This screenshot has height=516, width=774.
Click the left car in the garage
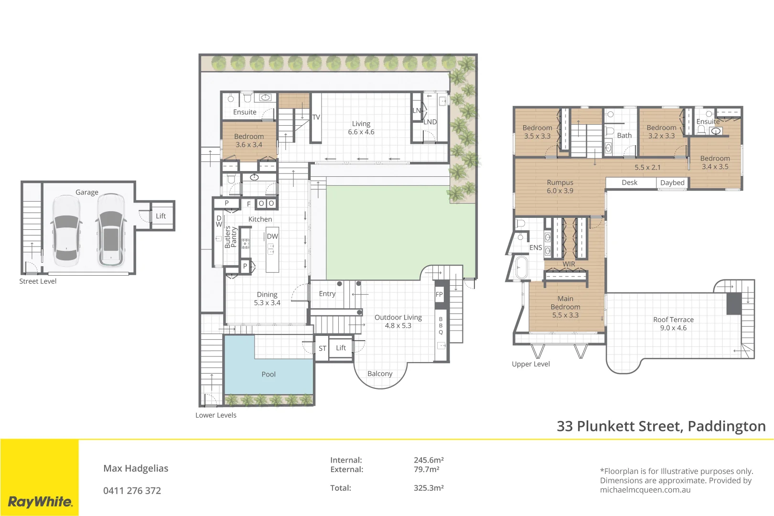(66, 230)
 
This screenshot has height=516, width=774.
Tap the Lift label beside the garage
(161, 216)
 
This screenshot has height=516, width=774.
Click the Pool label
(269, 374)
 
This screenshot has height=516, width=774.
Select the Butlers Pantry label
(231, 237)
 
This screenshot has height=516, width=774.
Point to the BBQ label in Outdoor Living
(441, 325)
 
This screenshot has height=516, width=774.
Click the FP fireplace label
(439, 294)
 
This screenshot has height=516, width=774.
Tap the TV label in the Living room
(316, 117)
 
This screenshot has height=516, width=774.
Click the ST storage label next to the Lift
(322, 348)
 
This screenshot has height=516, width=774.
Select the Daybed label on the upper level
(672, 183)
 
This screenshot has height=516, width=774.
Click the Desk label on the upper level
(629, 183)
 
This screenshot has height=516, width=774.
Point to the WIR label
(569, 264)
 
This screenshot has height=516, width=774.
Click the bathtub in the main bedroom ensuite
(521, 268)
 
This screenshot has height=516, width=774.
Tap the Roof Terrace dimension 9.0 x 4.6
(673, 328)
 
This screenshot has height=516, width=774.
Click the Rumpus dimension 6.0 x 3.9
(560, 191)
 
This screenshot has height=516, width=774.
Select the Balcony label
(380, 374)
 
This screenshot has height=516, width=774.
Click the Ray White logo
(40, 502)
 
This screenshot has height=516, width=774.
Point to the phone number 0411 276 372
(132, 491)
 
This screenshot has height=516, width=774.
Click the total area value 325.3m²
(429, 488)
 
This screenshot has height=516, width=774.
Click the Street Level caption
(38, 281)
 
